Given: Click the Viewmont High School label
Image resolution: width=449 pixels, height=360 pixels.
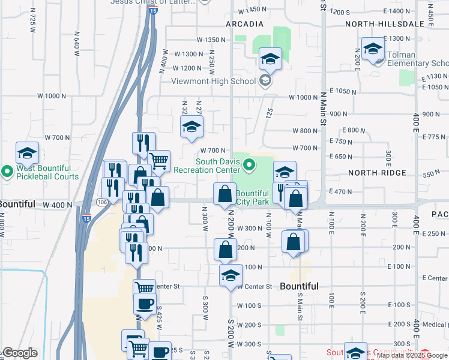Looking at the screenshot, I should pyautogui.click(x=213, y=82).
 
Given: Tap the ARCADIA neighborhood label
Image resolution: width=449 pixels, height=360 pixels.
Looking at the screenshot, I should pyautogui.click(x=244, y=24).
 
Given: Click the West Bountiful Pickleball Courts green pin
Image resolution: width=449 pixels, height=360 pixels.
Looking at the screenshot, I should pyautogui.click(x=7, y=172).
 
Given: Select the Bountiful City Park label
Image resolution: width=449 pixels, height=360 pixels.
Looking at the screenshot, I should pyautogui.click(x=252, y=197).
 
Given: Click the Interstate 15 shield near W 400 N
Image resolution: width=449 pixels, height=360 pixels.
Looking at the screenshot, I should pyautogui.click(x=86, y=212).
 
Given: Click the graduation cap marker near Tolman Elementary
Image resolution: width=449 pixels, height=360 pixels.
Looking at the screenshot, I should pyautogui.click(x=373, y=49).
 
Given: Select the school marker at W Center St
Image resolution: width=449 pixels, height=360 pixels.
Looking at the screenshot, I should pyautogui.click(x=231, y=275).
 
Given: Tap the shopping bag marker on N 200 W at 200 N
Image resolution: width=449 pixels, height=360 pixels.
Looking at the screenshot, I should pyautogui.click(x=225, y=249).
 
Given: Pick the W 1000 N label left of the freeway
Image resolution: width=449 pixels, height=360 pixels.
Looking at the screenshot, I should pyautogui.click(x=50, y=96).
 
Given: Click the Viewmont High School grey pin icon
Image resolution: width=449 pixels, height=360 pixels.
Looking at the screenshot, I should pyautogui.click(x=265, y=80).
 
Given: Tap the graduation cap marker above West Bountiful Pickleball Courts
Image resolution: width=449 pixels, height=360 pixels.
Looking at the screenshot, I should pyautogui.click(x=27, y=153).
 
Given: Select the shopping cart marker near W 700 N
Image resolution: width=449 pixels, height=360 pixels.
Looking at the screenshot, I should pyautogui.click(x=158, y=160).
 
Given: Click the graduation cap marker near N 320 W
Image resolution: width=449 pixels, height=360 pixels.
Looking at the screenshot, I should pyautogui.click(x=192, y=126).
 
